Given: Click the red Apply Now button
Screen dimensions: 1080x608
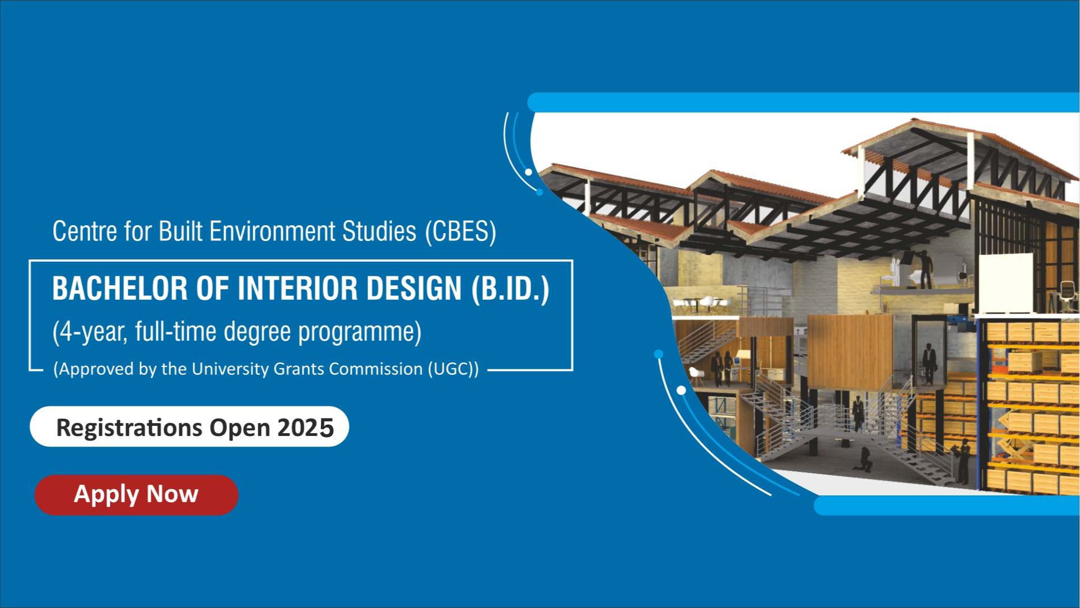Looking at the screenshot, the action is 136,495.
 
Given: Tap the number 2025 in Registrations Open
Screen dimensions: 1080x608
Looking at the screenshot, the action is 306,428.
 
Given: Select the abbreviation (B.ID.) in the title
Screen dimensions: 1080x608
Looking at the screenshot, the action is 510,289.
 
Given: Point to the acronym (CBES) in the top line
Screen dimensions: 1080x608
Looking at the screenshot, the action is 460,232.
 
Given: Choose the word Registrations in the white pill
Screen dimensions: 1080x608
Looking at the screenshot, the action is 129,428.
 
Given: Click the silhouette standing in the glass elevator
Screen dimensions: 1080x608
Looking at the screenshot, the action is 929,363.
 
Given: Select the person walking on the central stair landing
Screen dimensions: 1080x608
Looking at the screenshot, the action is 858,413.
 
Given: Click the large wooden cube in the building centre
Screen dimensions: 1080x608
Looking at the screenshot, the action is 849,351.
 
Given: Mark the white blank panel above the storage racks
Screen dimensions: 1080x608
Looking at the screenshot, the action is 1005,284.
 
